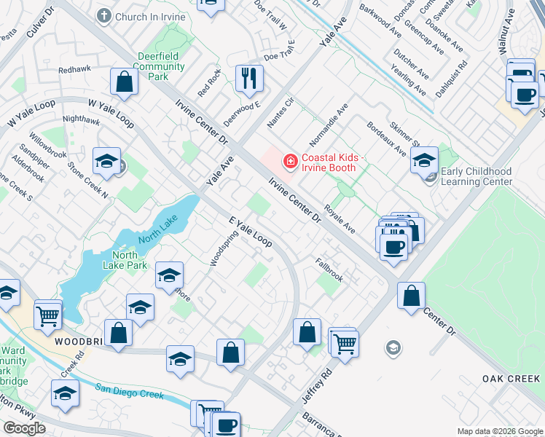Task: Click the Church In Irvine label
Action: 145,15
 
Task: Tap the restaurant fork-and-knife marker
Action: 249,78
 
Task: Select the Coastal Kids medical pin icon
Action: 290,160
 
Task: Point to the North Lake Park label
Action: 131,260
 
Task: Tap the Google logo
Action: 24,428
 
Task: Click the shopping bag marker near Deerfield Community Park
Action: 125,82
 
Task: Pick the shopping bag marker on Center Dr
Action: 412,296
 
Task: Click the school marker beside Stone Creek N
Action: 106,162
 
